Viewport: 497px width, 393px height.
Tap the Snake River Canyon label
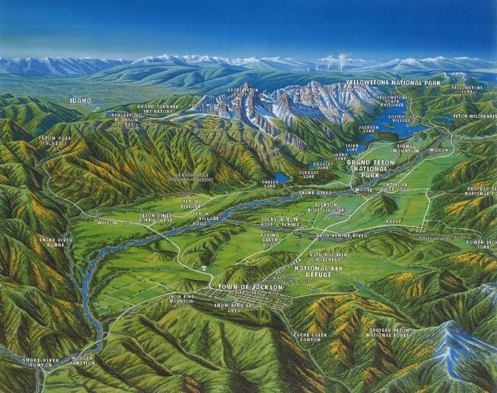[40, 363]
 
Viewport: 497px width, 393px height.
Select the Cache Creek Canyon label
[311, 337]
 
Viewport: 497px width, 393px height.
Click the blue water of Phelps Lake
[281, 178]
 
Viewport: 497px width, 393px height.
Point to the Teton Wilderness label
[475, 116]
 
